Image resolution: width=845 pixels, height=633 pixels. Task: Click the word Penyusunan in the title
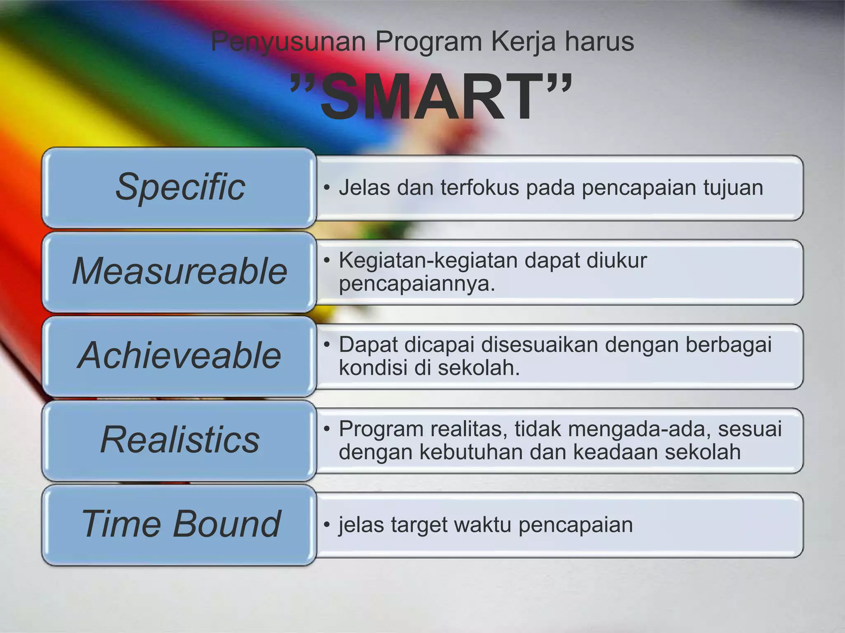(x=288, y=42)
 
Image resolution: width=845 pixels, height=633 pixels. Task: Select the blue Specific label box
(x=179, y=187)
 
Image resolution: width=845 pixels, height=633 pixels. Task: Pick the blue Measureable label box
(x=179, y=271)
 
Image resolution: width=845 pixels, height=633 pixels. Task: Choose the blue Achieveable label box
(x=179, y=356)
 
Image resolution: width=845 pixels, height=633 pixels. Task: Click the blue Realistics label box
(x=179, y=440)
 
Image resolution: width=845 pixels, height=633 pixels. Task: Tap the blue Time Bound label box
(x=179, y=524)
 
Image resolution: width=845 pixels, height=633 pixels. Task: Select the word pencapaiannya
(x=417, y=284)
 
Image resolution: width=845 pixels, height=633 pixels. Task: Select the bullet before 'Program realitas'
(x=327, y=429)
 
